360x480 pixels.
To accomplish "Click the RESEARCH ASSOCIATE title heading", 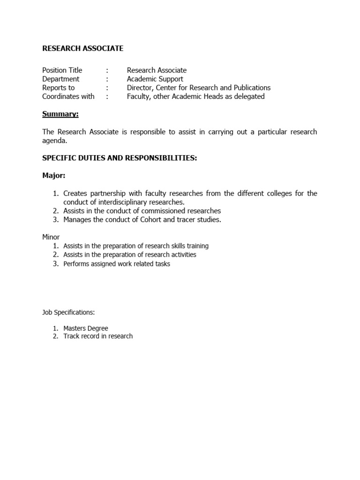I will pos(83,48).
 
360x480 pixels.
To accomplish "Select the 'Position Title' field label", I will pos(62,70).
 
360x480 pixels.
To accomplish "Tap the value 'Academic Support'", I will pos(155,79).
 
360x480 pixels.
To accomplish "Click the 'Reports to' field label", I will pos(58,88).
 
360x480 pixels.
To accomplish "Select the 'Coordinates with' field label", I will pos(68,97).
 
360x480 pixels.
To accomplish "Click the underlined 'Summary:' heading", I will pos(60,114).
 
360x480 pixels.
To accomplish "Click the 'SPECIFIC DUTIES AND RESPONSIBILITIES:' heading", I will pos(120,158).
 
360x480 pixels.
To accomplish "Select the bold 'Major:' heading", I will pos(54,175).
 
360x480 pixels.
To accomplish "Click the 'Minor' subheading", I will pos(51,237).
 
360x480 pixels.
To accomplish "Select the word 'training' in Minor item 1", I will pos(196,246).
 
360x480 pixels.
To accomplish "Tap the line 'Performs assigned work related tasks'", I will pos(117,264).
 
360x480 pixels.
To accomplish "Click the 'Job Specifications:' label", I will pos(68,312).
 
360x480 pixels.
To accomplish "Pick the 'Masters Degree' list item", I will pos(86,328).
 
